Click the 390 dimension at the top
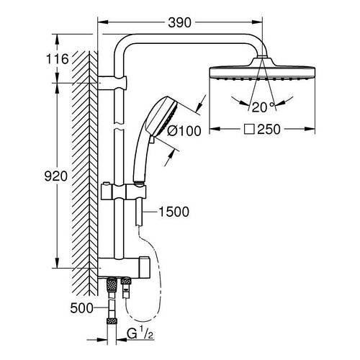click(180, 22)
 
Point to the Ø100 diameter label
click(202, 131)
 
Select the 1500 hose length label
click(174, 212)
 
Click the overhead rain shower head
click(263, 72)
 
